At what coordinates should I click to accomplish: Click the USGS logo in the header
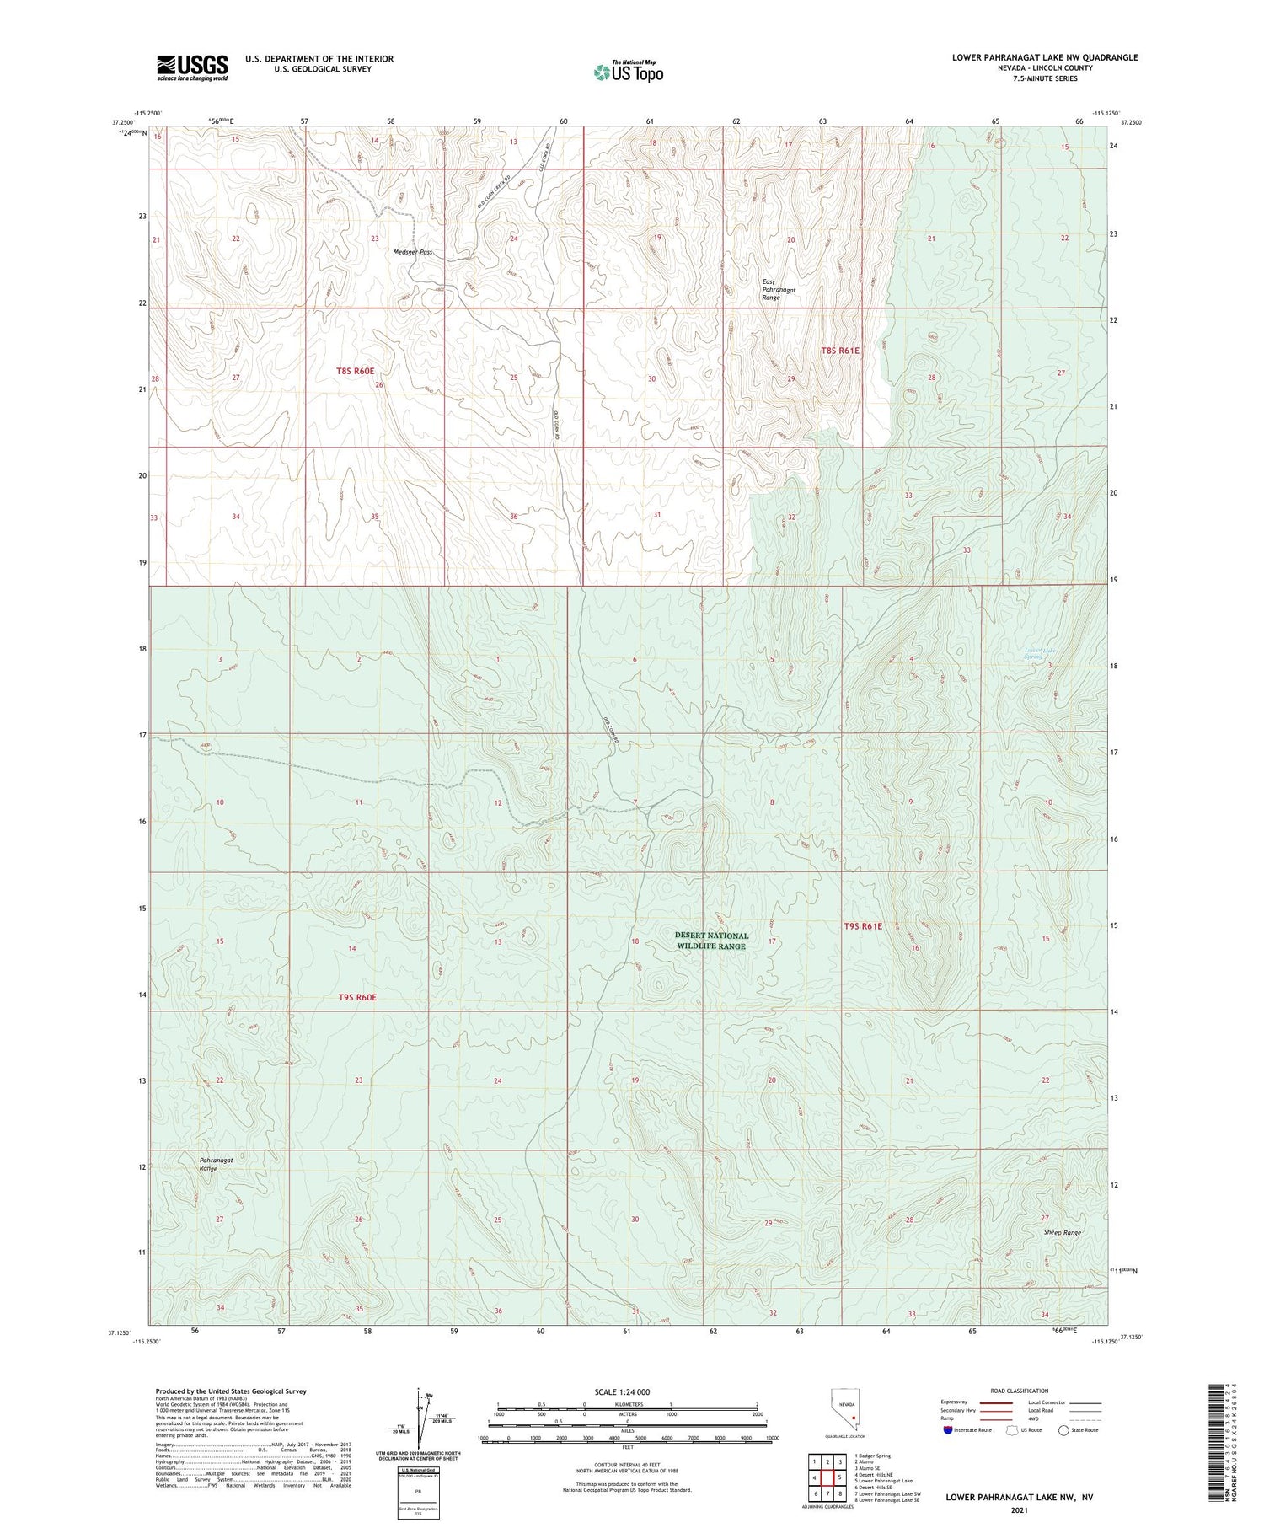[192, 67]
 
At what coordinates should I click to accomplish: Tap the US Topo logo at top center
[628, 72]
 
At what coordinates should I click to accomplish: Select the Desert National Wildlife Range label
[711, 941]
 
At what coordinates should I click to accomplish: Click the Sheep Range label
[1062, 1232]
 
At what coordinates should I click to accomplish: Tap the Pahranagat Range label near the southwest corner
[217, 1164]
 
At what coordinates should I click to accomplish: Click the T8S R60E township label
[355, 371]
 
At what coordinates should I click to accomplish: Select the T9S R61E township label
[863, 926]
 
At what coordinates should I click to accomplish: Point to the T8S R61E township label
[840, 351]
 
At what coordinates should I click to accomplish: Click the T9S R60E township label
[356, 998]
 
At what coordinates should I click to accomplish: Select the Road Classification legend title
[1020, 1391]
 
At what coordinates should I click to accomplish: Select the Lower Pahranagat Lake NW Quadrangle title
[1044, 57]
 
